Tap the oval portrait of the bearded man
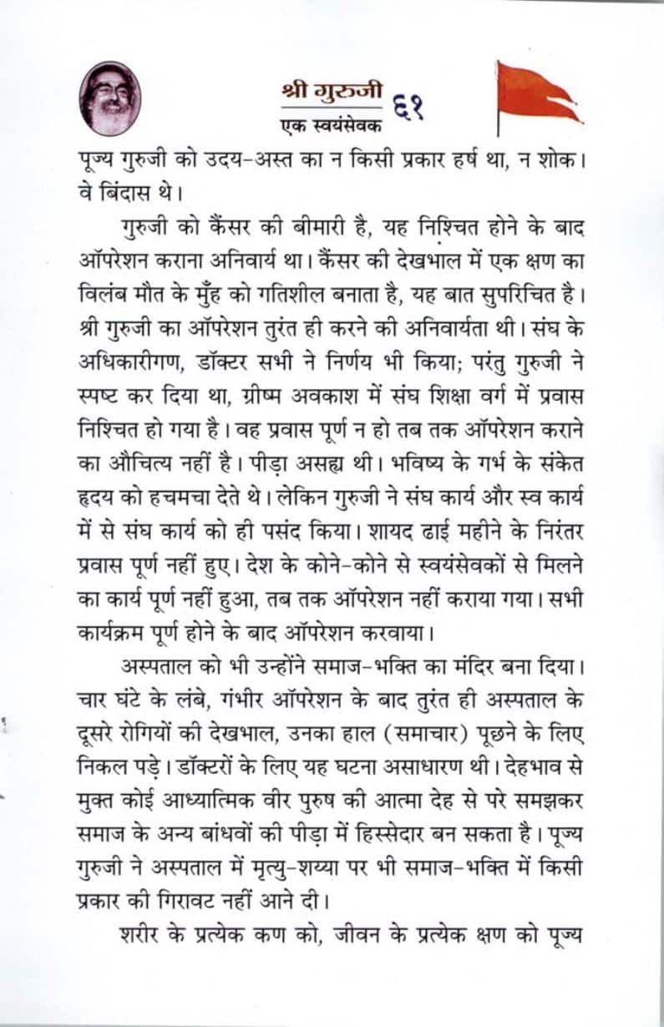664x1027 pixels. coord(110,99)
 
